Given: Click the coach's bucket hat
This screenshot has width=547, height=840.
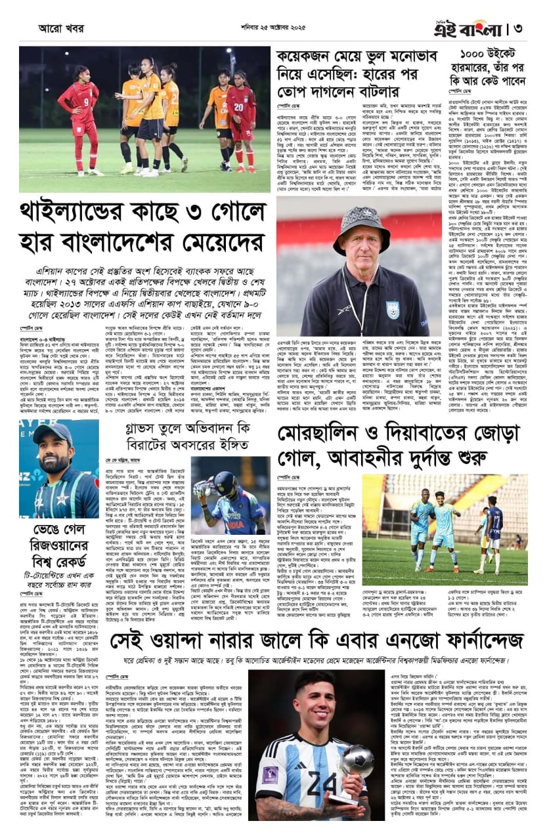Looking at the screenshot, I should click(361, 226).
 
